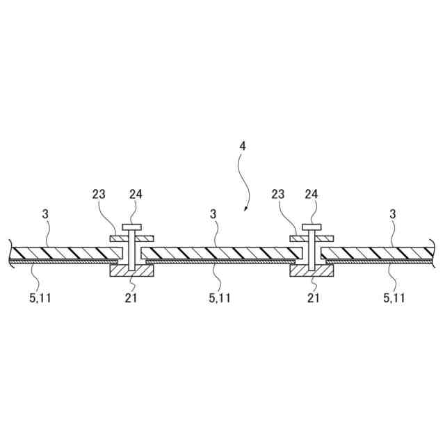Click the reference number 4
click(242, 147)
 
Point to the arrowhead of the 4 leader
click(245, 209)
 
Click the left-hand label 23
click(99, 195)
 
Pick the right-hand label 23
click(277, 195)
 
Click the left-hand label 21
click(131, 298)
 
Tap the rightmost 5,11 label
click(396, 298)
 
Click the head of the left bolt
click(132, 227)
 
